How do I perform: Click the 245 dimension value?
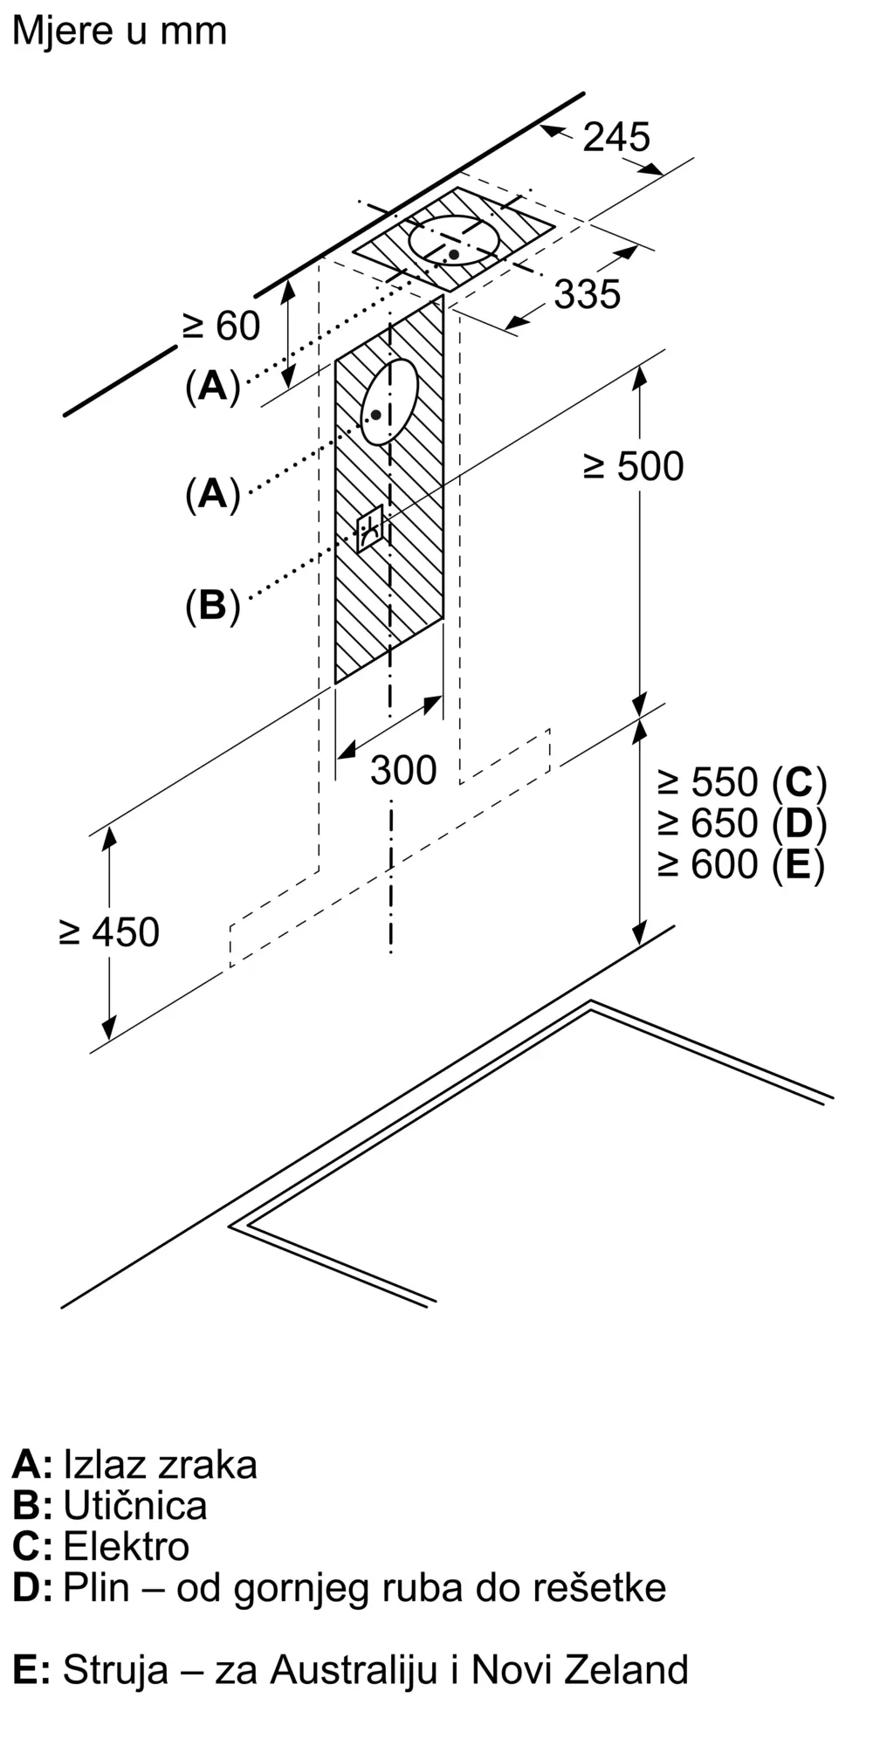point(616,137)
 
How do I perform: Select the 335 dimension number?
point(588,294)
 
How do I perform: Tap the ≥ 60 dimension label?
point(222,327)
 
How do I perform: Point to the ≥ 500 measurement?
point(634,466)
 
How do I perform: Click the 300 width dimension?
point(403,770)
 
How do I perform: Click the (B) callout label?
point(213,605)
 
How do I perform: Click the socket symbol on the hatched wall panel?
point(370,528)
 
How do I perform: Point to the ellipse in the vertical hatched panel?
point(389,402)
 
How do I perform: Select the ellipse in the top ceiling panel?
point(455,239)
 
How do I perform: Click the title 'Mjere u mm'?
point(120,31)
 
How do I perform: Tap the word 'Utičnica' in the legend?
point(135,1505)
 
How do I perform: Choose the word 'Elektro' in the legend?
point(127,1546)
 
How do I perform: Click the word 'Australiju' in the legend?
point(354,1669)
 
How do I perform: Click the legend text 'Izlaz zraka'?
point(161,1464)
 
